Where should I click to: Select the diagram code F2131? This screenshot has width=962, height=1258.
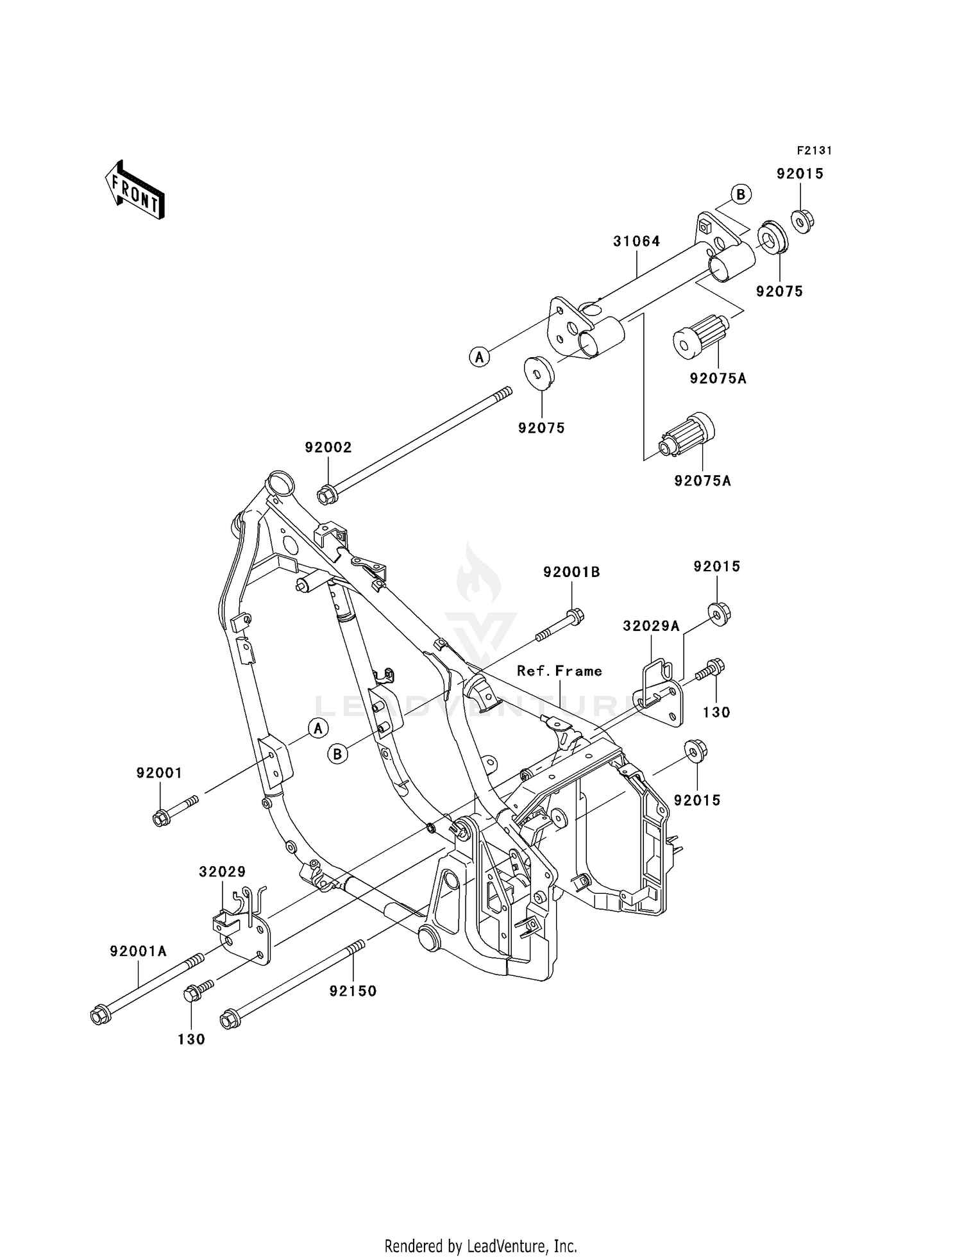(x=814, y=151)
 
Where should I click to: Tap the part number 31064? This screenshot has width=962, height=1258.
(x=636, y=241)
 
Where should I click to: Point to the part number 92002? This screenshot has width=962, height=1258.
(x=328, y=448)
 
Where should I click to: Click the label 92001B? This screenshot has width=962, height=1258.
(x=571, y=572)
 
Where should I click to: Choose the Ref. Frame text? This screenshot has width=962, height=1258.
(x=559, y=671)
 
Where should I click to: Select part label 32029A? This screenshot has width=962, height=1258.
(x=650, y=626)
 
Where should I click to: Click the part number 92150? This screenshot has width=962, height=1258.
(x=353, y=991)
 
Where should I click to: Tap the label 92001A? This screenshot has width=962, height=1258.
(x=138, y=951)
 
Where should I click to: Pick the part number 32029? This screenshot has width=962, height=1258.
(x=222, y=871)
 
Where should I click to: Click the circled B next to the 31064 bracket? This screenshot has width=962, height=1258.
(x=740, y=194)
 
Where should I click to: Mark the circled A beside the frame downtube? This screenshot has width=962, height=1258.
(x=317, y=728)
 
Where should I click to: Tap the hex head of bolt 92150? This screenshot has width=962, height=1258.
(x=229, y=1020)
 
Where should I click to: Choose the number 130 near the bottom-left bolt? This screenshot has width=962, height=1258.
(x=191, y=1039)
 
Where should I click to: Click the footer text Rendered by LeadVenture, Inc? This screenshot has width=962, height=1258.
(x=480, y=1246)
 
